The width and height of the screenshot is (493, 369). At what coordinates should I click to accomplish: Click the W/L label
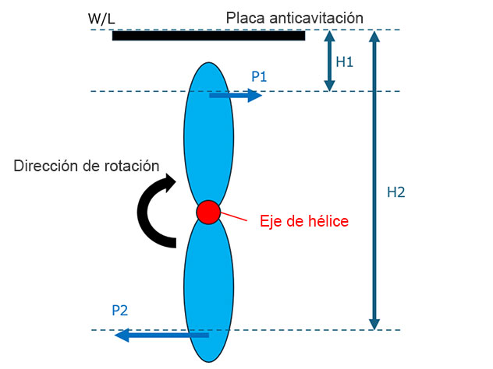(101, 19)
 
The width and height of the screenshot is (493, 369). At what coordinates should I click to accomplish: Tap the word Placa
(245, 18)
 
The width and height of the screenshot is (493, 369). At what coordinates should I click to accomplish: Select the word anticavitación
(316, 18)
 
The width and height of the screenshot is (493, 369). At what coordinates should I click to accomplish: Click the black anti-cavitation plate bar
(208, 36)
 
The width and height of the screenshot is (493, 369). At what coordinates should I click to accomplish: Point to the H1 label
(344, 61)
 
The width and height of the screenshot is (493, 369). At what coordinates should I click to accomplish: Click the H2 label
(395, 192)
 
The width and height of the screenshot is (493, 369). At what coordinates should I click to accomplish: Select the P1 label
(259, 76)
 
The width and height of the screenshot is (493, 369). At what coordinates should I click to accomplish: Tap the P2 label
(120, 311)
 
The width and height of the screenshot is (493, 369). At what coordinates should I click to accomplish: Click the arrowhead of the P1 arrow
(255, 96)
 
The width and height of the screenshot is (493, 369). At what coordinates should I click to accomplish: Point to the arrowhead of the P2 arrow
(122, 335)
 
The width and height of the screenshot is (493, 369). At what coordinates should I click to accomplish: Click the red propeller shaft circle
(208, 212)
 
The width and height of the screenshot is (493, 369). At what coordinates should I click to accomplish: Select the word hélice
(328, 221)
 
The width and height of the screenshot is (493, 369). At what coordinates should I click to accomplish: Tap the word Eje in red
(271, 222)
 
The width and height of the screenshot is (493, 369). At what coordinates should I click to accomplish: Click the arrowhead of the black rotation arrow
(170, 183)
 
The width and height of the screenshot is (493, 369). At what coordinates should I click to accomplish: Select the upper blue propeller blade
(208, 133)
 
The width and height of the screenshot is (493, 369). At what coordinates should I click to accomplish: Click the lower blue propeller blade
(208, 290)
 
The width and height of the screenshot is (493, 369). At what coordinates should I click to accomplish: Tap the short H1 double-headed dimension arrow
(329, 61)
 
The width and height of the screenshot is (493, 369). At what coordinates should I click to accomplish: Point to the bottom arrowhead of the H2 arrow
(374, 325)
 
